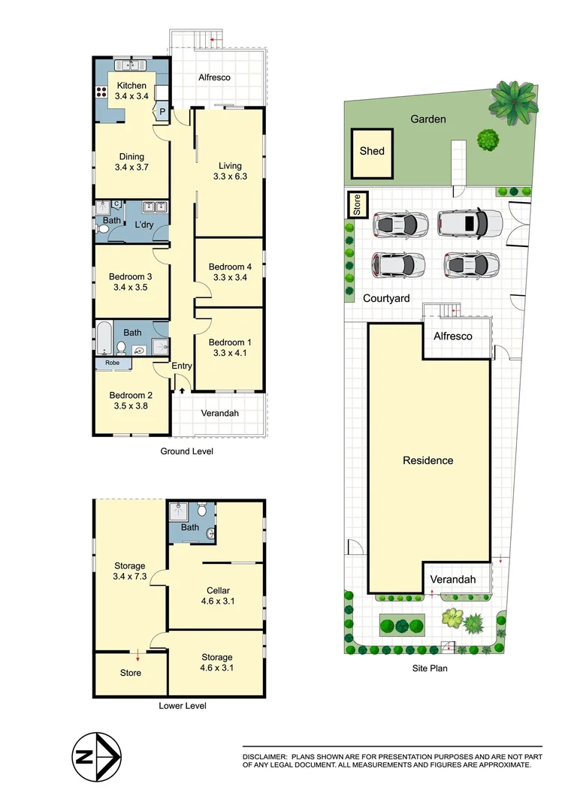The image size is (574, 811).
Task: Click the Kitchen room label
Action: [131, 86]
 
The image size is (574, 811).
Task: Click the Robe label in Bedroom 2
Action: [113, 362]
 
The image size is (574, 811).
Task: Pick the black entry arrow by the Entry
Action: [182, 390]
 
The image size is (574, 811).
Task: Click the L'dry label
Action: [145, 225]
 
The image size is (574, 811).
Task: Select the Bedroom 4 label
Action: [228, 267]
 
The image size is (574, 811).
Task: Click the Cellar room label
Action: [217, 590]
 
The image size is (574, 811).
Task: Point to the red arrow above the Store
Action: [137, 655]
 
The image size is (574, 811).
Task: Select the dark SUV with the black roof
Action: [470, 222]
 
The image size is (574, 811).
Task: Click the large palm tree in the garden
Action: [515, 101]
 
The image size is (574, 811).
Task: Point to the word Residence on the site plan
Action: [427, 460]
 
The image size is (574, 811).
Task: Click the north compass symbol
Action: [95, 756]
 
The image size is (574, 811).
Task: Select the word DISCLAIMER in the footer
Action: [264, 756]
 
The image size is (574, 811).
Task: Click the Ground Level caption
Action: [187, 451]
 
